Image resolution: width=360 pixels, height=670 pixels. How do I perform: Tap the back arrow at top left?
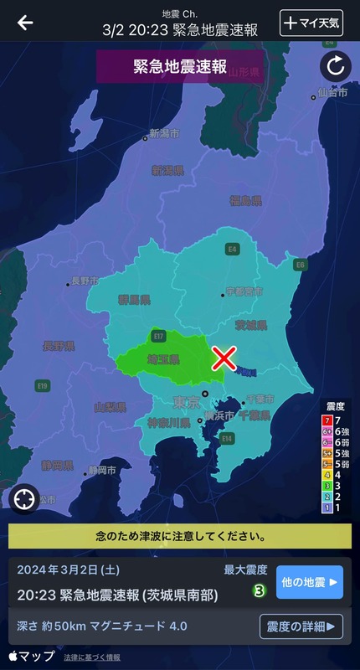point(25,23)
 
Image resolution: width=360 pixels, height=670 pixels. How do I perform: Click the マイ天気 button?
point(311,23)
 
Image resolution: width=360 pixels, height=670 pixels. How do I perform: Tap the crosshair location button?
point(24,498)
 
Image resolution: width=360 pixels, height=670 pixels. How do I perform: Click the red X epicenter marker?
point(224,358)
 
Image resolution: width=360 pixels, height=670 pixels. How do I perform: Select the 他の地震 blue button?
point(309,581)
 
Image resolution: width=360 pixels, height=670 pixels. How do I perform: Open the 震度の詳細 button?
point(301,626)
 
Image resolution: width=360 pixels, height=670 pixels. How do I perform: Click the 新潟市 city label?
point(164,133)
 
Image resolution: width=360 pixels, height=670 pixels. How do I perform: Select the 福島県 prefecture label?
point(245,201)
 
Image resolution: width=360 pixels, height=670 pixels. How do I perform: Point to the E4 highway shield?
point(233,249)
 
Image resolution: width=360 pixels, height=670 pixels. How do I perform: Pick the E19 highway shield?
point(43,385)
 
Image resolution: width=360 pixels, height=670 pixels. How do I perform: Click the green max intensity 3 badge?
point(260,590)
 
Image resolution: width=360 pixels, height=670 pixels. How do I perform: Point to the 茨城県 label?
point(251,324)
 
